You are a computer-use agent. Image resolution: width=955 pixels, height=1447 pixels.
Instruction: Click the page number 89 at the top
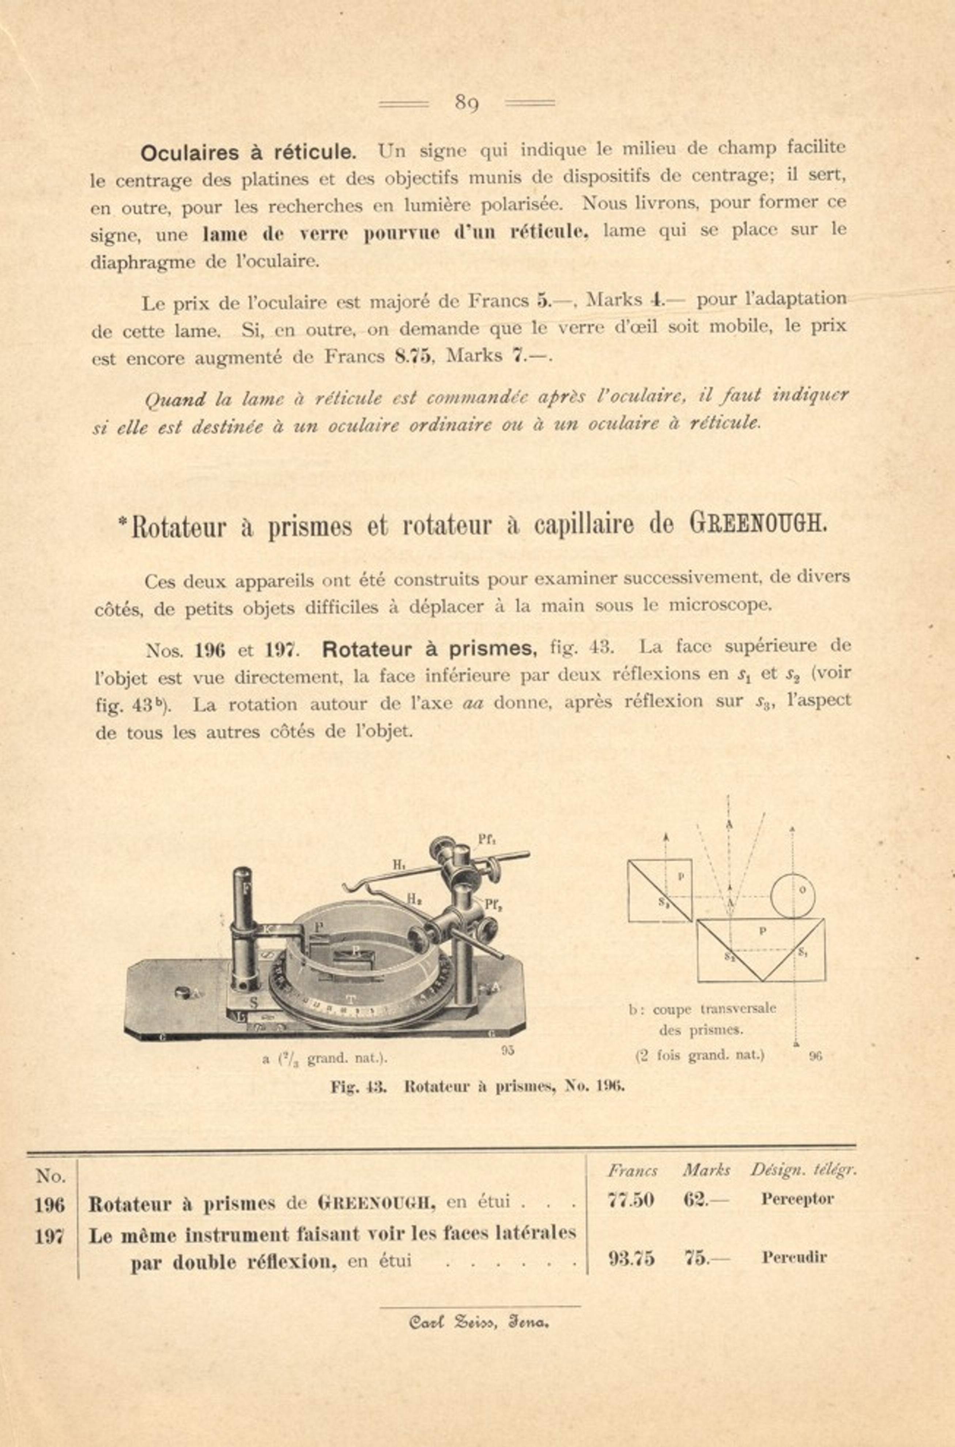tap(467, 104)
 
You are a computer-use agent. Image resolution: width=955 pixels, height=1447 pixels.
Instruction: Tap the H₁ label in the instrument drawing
tap(399, 865)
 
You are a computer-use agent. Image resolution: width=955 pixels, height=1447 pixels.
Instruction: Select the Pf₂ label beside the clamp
tap(493, 905)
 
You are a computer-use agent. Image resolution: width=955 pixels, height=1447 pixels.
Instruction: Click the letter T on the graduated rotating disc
tap(350, 999)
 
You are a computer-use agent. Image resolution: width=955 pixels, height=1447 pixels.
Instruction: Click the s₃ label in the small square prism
tap(665, 903)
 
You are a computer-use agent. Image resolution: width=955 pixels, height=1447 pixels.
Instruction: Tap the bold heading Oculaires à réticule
tap(248, 152)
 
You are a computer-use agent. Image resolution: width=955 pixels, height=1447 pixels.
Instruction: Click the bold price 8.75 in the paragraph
tap(413, 356)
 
